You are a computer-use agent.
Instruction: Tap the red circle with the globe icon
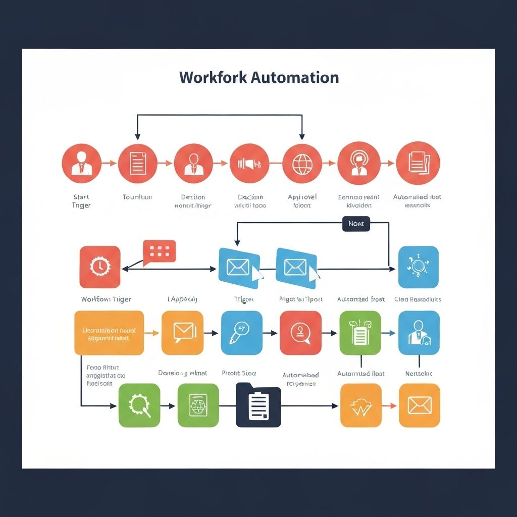tap(302, 163)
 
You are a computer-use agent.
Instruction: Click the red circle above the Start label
tap(81, 163)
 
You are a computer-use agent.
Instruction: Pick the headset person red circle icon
tap(358, 163)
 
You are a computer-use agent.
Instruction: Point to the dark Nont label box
tap(356, 223)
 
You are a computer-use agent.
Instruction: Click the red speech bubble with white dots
tap(159, 251)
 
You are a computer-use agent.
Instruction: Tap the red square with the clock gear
tap(100, 267)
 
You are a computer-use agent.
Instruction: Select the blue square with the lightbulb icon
tap(418, 267)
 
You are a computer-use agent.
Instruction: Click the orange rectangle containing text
tap(109, 332)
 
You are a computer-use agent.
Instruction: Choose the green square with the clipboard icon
tap(360, 333)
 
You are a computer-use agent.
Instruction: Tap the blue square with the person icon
tap(419, 333)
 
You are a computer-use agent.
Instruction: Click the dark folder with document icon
tap(258, 405)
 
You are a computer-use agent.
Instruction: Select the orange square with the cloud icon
tap(360, 405)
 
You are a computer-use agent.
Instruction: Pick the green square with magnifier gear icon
tap(139, 405)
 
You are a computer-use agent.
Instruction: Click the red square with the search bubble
tap(300, 333)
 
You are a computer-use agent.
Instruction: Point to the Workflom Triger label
tap(106, 299)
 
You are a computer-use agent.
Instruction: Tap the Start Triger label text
tap(81, 201)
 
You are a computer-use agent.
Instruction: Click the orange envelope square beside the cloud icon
tap(419, 405)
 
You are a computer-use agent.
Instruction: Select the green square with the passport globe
tap(198, 405)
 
